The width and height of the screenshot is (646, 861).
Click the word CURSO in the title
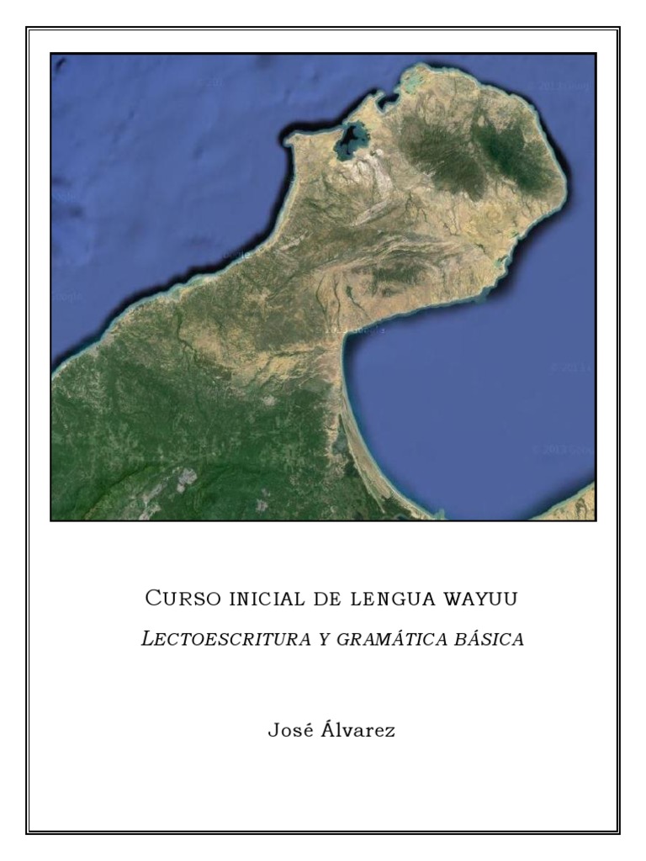pos(182,600)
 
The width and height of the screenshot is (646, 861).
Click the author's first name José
pos(290,730)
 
